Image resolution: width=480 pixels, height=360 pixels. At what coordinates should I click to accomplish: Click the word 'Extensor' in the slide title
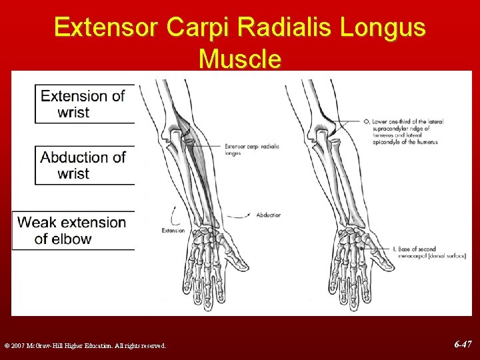tap(107, 28)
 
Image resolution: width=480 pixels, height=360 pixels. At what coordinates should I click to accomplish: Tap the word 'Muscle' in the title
tap(240, 59)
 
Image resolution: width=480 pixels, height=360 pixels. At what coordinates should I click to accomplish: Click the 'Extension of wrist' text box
tap(84, 104)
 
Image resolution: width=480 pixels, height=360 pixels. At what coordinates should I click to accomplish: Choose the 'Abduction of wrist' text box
tap(84, 165)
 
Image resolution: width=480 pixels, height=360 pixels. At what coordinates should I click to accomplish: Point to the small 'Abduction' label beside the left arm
tap(269, 215)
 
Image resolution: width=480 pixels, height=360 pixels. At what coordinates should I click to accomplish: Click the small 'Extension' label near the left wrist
tap(173, 231)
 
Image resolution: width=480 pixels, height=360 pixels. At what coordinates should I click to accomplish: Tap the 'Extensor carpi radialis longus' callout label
tap(251, 149)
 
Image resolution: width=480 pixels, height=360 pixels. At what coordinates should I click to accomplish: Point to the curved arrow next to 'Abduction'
tap(246, 215)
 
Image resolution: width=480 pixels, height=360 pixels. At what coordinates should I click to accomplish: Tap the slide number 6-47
tap(463, 345)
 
